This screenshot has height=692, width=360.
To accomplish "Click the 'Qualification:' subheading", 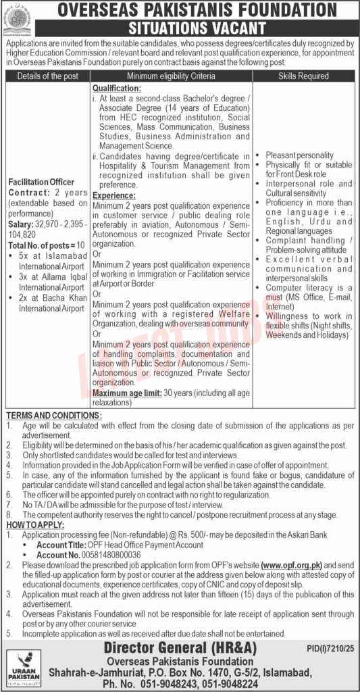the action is [117, 89].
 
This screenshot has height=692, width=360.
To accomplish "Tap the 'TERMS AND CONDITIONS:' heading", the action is [54, 414].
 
